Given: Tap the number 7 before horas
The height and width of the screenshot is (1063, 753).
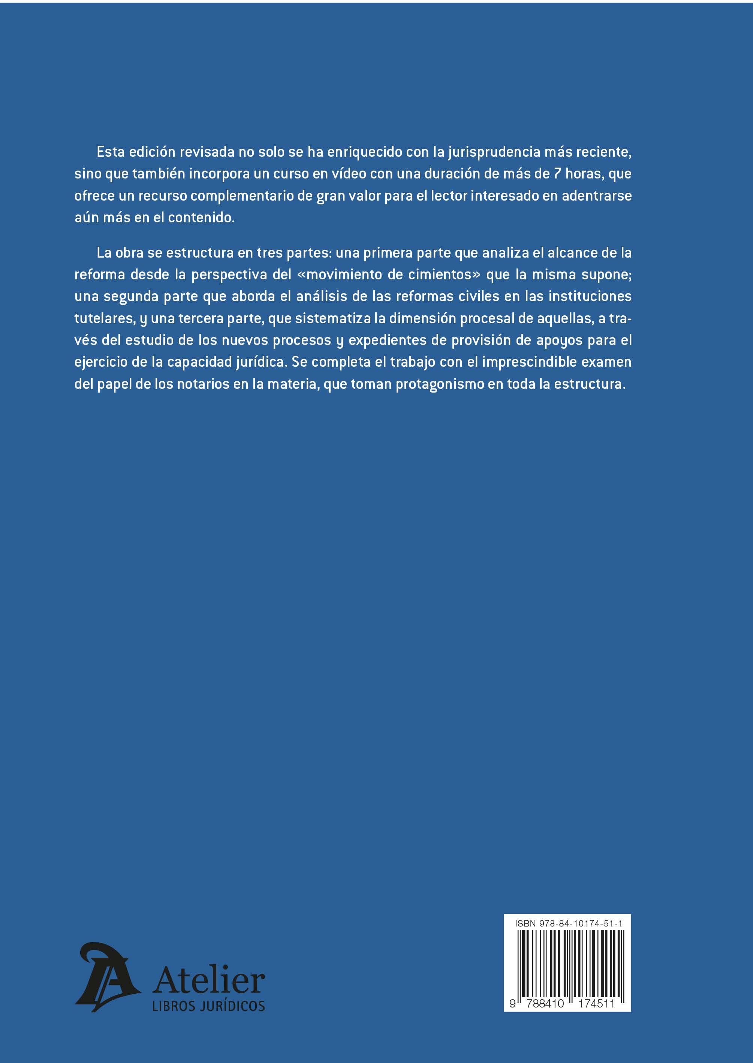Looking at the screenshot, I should pyautogui.click(x=558, y=174).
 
